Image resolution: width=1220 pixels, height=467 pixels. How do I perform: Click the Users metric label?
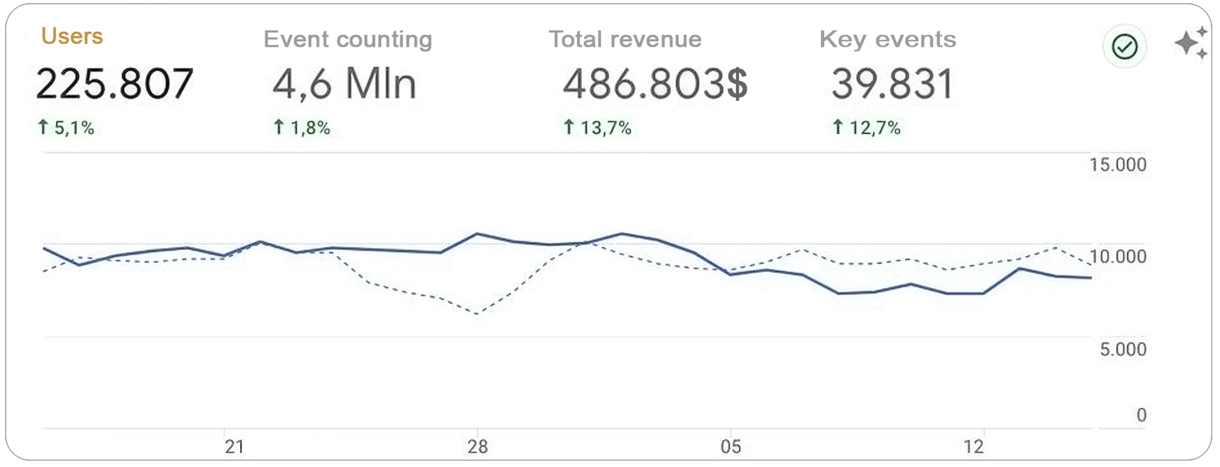click(72, 37)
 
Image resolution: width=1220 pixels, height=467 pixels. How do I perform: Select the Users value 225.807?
click(114, 84)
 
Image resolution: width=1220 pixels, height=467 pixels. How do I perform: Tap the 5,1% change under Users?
click(66, 128)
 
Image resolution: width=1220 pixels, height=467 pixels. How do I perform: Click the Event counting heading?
click(348, 40)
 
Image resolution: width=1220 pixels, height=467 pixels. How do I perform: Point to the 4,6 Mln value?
click(345, 84)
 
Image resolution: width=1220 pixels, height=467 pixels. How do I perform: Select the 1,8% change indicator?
click(302, 128)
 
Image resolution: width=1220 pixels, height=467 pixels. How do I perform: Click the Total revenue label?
click(625, 40)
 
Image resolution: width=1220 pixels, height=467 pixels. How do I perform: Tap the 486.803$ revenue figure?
click(655, 84)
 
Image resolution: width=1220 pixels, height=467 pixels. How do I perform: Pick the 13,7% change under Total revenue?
click(598, 128)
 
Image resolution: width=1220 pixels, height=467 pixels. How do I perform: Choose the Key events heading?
click(888, 40)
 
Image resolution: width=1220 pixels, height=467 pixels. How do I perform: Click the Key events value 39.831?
click(892, 84)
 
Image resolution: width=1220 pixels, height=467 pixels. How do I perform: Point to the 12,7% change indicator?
click(867, 128)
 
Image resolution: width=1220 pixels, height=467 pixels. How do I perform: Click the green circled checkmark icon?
click(1125, 47)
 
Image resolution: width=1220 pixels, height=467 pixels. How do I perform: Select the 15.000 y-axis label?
click(1118, 165)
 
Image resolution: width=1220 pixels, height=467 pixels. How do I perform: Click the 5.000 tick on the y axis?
click(1122, 350)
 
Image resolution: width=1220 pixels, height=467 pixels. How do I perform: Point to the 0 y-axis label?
click(1141, 415)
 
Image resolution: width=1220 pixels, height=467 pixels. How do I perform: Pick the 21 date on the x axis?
click(234, 446)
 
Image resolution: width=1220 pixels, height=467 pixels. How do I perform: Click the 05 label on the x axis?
click(730, 446)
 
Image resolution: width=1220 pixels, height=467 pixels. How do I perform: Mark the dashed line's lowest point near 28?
click(477, 314)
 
